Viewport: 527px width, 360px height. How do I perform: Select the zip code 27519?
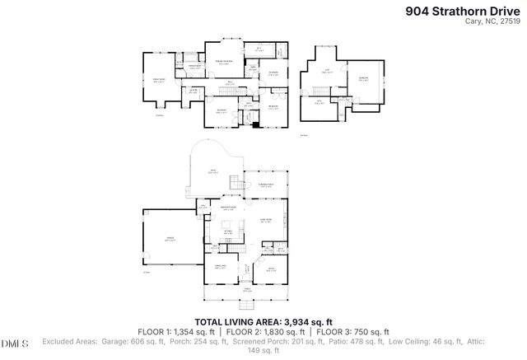[512, 22]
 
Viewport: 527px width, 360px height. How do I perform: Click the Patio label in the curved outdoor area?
[213, 172]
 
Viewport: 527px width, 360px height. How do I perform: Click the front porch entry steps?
[245, 300]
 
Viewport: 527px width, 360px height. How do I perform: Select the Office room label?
[271, 268]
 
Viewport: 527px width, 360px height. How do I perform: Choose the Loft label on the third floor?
[326, 71]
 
